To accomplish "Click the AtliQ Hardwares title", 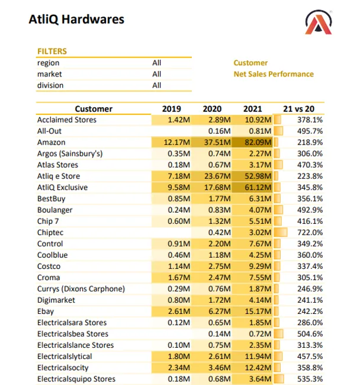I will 76,20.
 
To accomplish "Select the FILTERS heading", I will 52,52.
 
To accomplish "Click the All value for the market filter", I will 156,74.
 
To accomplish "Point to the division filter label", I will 50,85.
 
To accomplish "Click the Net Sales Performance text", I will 274,74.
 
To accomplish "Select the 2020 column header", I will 212,109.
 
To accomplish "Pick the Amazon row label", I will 52,143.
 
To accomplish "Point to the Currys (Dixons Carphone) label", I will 81,289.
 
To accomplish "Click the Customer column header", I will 94,109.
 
